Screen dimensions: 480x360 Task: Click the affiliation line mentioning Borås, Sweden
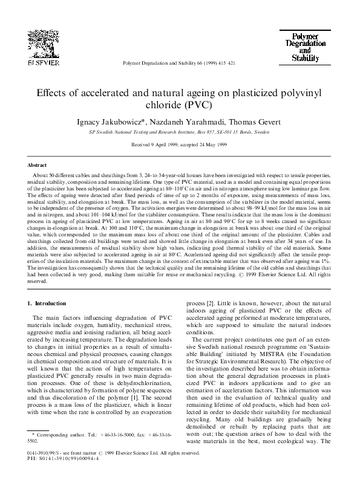[180, 131]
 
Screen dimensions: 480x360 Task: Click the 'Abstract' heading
[38, 164]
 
